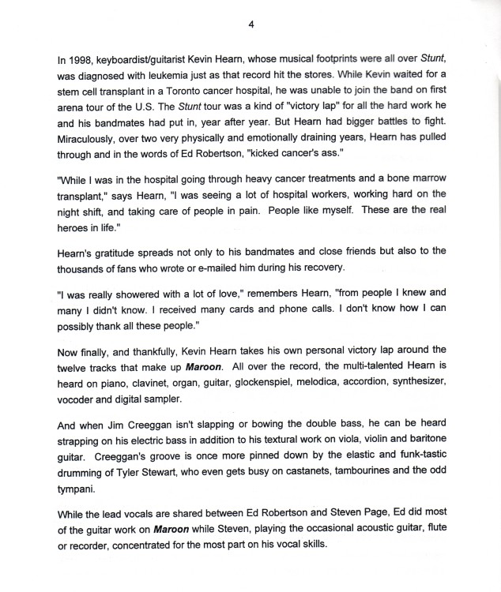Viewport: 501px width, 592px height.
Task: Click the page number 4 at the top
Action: pyautogui.click(x=250, y=24)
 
